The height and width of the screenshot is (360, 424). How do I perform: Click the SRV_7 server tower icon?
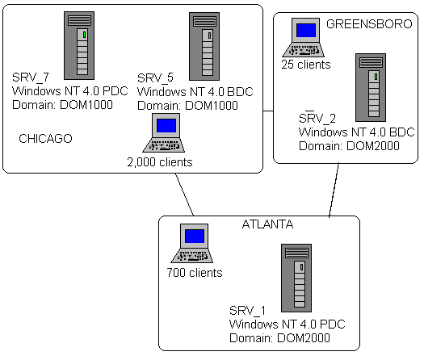(x=79, y=45)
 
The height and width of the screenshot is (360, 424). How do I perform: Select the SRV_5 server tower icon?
(x=204, y=46)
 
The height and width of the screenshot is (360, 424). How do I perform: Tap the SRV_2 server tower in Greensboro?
(x=371, y=87)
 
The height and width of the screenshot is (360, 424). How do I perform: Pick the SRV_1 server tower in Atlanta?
(x=296, y=278)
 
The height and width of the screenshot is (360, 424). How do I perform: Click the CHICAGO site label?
(x=45, y=139)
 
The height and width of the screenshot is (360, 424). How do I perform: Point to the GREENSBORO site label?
(x=369, y=24)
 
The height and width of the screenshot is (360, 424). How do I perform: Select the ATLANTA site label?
(x=267, y=224)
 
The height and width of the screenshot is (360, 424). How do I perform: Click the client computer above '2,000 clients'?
(x=164, y=132)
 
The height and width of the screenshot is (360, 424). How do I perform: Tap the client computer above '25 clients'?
(x=304, y=38)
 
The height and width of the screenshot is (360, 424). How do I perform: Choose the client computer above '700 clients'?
(x=192, y=243)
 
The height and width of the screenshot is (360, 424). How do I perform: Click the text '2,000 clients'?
(x=160, y=162)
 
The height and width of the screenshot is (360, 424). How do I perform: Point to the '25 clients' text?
(x=306, y=65)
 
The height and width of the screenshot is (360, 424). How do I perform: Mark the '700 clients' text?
(x=195, y=273)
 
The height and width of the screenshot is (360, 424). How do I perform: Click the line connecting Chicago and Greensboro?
(x=268, y=111)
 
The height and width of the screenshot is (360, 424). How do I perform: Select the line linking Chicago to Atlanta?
(x=185, y=195)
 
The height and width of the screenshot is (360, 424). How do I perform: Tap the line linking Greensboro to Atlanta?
(x=334, y=190)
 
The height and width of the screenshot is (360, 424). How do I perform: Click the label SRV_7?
(x=31, y=77)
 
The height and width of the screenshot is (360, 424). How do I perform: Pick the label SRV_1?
(x=247, y=311)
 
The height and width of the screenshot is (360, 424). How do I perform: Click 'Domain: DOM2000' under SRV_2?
(x=349, y=146)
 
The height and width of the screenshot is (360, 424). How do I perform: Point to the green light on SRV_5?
(x=209, y=36)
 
